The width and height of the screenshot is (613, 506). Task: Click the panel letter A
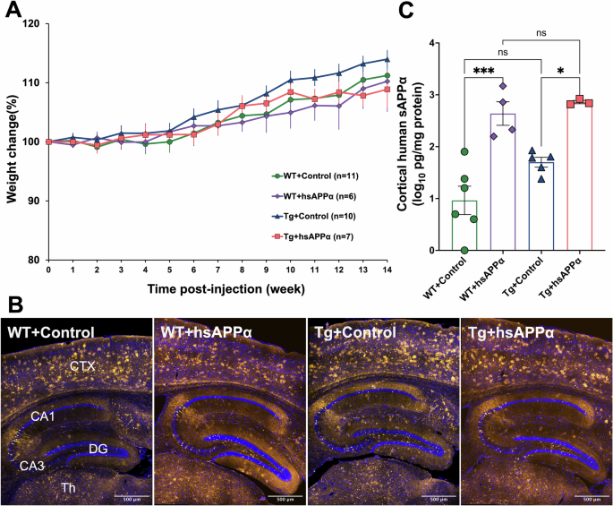point(13,11)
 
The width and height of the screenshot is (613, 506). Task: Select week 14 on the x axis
point(387,270)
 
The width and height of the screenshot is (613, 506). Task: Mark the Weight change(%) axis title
point(12,142)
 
